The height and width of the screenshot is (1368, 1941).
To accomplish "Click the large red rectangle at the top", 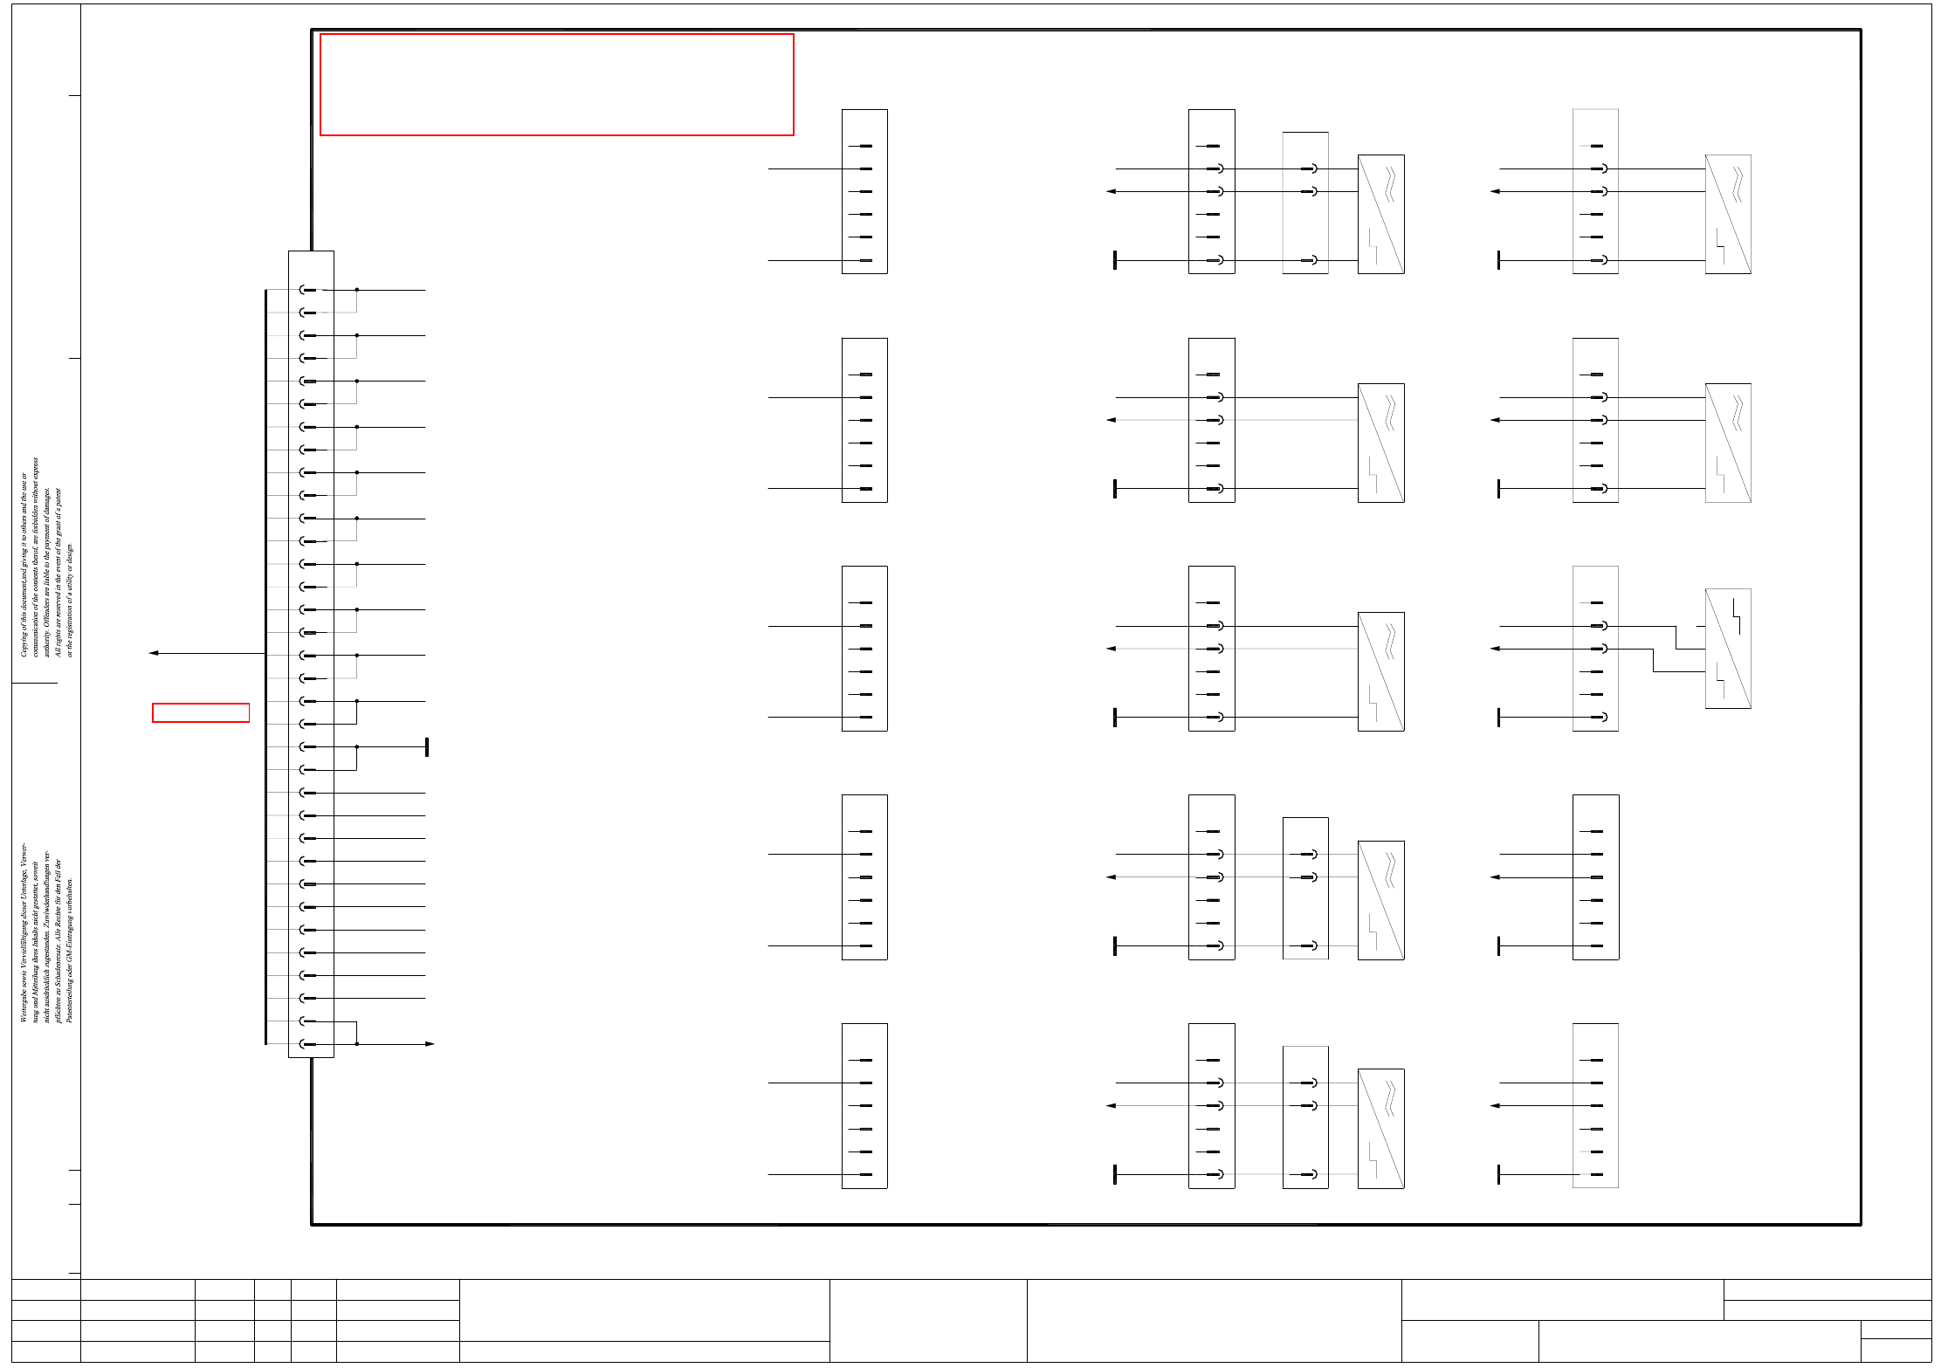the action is pyautogui.click(x=556, y=85).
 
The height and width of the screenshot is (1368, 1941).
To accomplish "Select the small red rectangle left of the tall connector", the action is pyautogui.click(x=201, y=712).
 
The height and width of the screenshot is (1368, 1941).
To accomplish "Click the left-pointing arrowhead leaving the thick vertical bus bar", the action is pyautogui.click(x=154, y=653).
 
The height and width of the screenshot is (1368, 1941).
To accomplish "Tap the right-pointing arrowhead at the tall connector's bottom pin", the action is pyautogui.click(x=430, y=1044).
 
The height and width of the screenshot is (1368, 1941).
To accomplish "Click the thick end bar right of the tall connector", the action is pyautogui.click(x=426, y=747).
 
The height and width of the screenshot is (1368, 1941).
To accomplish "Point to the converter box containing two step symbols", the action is pyautogui.click(x=1728, y=649).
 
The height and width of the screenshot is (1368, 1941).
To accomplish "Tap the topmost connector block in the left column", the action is pyautogui.click(x=864, y=191).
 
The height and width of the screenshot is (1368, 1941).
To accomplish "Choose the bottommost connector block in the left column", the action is pyautogui.click(x=864, y=1106).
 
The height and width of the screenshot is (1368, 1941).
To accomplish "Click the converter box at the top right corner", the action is pyautogui.click(x=1728, y=214).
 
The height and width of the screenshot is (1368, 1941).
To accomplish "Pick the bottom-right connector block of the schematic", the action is pyautogui.click(x=1595, y=1106).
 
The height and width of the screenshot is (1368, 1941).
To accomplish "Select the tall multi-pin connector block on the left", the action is pyautogui.click(x=311, y=654).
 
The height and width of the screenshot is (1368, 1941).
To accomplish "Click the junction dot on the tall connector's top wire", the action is pyautogui.click(x=356, y=290).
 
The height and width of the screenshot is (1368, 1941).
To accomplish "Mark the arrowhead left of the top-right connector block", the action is pyautogui.click(x=1495, y=191).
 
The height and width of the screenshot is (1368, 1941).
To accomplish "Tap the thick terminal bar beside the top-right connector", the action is pyautogui.click(x=1498, y=260).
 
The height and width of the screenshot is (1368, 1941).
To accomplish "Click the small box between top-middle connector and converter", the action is pyautogui.click(x=1305, y=203).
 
